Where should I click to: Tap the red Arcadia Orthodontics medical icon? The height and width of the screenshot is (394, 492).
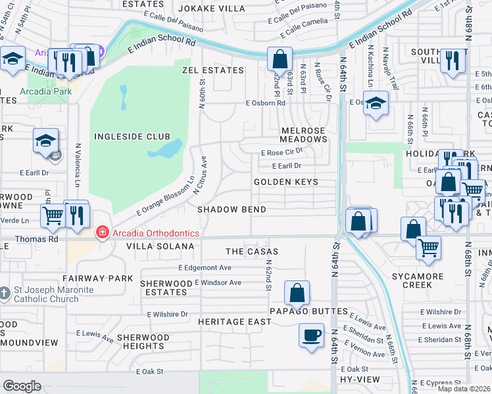(x=101, y=232)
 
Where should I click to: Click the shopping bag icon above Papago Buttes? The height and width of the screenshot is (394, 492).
(x=297, y=293)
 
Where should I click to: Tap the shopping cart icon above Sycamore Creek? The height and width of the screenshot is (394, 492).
(x=428, y=248)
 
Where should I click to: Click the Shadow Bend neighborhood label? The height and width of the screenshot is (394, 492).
(x=232, y=209)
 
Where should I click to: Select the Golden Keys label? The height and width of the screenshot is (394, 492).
(x=286, y=182)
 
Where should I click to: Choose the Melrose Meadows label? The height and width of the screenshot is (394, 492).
(x=303, y=135)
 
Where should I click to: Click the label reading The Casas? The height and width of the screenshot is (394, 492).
(x=252, y=252)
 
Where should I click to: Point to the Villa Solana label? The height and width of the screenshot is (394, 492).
(x=160, y=246)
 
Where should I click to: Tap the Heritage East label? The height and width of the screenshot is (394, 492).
(x=235, y=322)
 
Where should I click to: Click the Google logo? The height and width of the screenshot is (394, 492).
(x=22, y=386)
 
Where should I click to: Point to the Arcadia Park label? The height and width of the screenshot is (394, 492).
(x=45, y=91)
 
